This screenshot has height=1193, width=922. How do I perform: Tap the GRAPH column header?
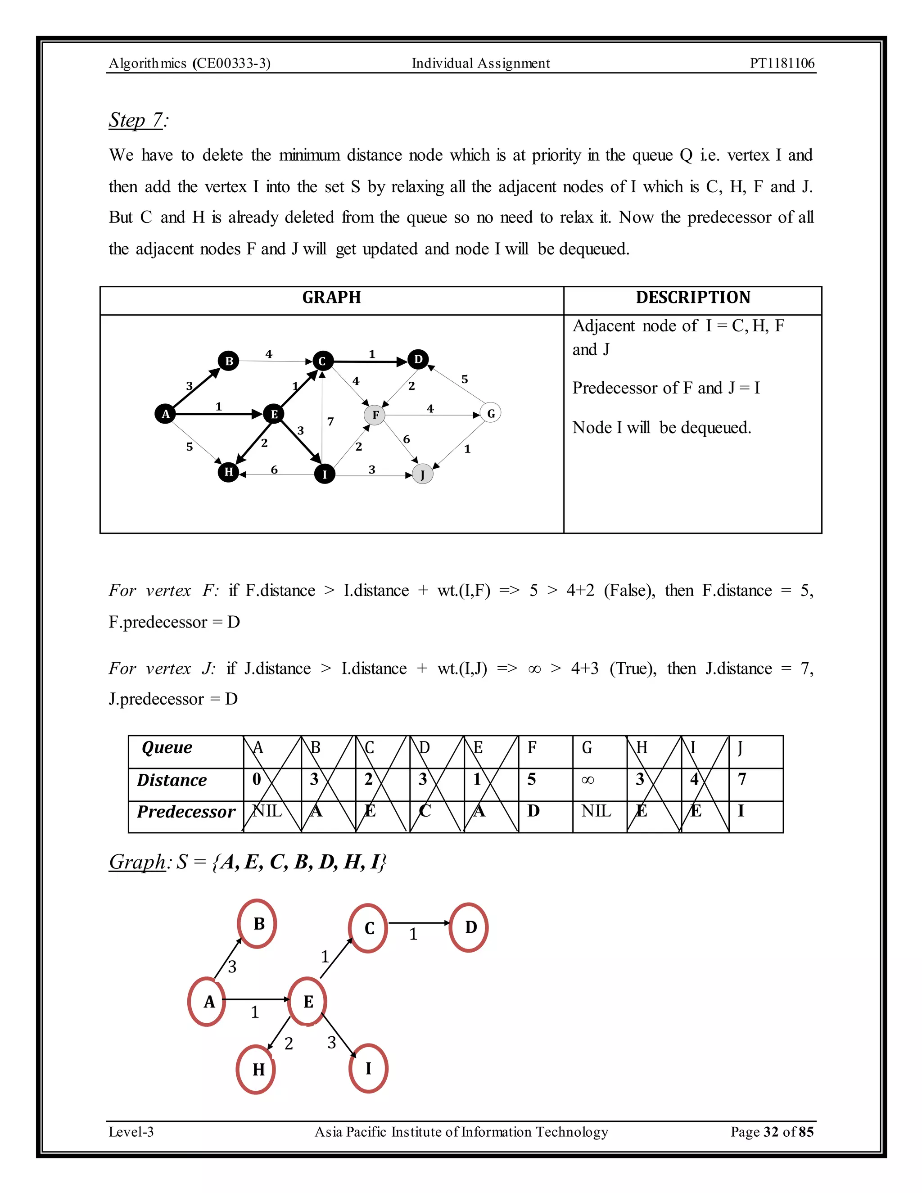331,298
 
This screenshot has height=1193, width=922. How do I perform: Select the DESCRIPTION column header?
692,298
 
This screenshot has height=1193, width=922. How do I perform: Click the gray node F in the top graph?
375,415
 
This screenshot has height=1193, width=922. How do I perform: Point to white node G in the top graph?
491,414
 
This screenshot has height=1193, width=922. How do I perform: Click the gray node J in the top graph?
422,474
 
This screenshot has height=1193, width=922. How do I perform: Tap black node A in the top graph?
165,414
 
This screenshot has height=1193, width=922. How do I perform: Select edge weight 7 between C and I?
330,421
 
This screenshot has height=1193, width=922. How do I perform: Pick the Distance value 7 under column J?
742,779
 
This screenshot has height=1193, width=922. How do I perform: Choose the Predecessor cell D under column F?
533,811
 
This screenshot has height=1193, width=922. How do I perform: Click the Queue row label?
167,747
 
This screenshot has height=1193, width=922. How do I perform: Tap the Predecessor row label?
186,812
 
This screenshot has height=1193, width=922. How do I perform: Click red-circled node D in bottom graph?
469,927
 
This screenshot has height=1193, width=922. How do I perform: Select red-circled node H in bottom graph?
257,1070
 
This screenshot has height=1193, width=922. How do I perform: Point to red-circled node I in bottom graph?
368,1068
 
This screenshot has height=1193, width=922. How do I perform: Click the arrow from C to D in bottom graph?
418,923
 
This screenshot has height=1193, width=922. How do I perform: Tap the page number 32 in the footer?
771,1132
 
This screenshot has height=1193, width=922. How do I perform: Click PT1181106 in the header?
782,63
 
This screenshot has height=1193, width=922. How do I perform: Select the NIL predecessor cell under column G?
596,811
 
